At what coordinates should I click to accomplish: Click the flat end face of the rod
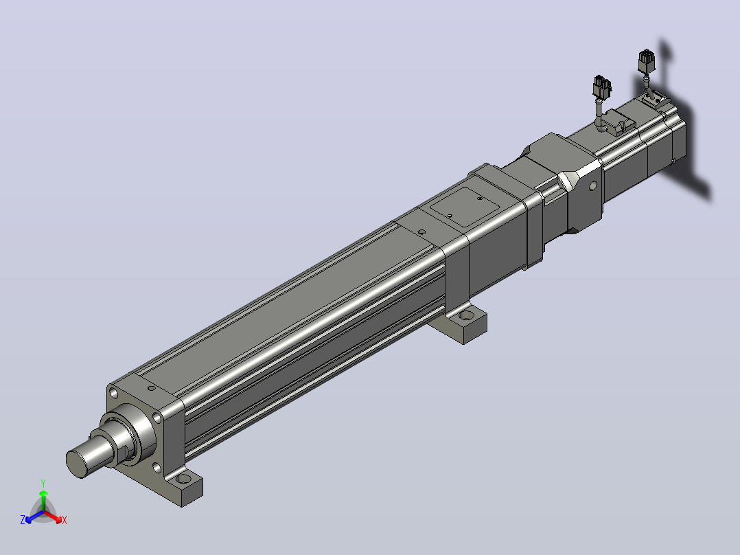(78, 464)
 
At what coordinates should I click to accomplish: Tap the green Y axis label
(43, 484)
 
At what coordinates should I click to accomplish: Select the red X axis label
(65, 520)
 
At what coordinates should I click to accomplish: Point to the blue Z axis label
(23, 519)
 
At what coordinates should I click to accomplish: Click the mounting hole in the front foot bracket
(183, 479)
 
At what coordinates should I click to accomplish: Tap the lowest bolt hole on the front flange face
(157, 468)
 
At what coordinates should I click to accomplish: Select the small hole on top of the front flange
(152, 388)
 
